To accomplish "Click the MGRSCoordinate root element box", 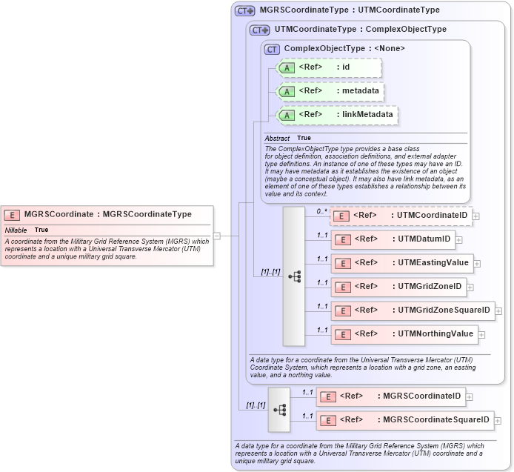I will coord(107,214).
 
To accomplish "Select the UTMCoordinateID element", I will coord(401,216).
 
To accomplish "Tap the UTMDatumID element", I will coord(393,239).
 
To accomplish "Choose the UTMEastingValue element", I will coord(402,263).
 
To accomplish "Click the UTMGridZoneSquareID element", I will coord(413,310).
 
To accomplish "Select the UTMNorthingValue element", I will coord(404,334).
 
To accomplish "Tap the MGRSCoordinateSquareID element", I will coord(404,420).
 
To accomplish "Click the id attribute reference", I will coord(328,67).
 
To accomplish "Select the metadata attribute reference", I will coord(330,91).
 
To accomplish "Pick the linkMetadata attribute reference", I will coord(337,115).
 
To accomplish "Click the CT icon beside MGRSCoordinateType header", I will coord(244,11).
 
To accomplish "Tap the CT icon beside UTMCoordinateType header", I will coord(259,30).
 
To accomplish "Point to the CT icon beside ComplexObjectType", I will coord(272,48).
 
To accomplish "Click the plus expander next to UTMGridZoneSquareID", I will coord(498,311).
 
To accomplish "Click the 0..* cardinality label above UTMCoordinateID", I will coord(322,211).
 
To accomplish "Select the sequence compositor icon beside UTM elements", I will coord(294,276).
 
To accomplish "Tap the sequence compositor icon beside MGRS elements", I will coord(279,409).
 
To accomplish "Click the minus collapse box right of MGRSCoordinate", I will coord(216,236).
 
